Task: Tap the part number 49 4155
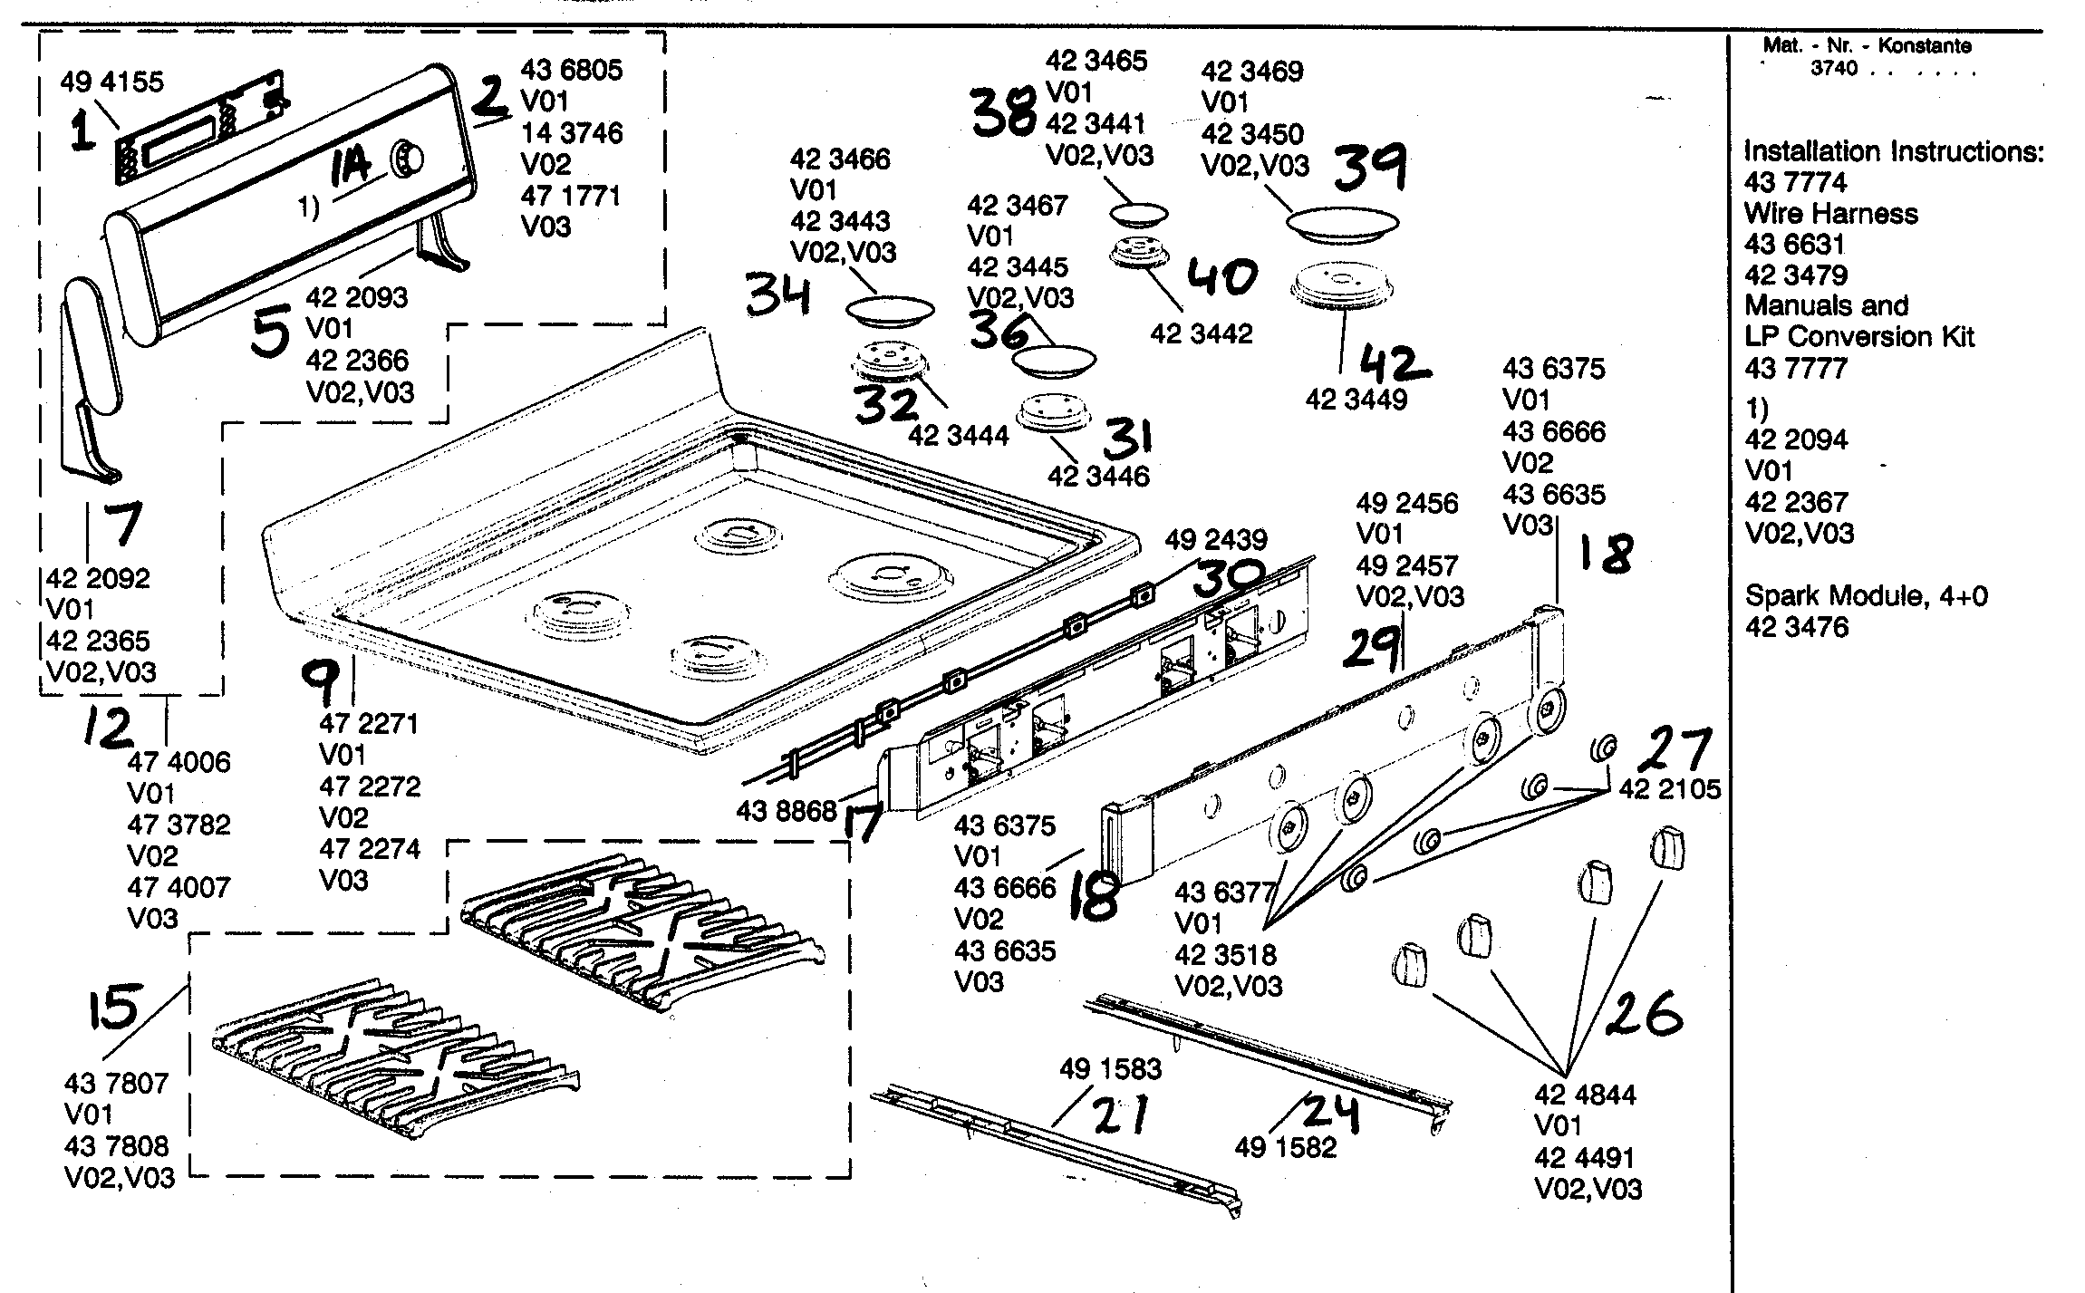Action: click(x=112, y=82)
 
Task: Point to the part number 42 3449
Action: click(x=1356, y=400)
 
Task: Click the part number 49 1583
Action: click(x=1110, y=1069)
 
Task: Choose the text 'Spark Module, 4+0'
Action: click(x=1867, y=596)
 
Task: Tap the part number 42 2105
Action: click(x=1669, y=789)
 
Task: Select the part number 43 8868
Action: click(x=787, y=810)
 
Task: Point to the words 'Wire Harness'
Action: click(x=1831, y=214)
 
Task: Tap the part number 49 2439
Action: click(x=1216, y=540)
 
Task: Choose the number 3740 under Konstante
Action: click(x=1833, y=68)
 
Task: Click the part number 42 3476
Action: click(x=1796, y=627)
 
